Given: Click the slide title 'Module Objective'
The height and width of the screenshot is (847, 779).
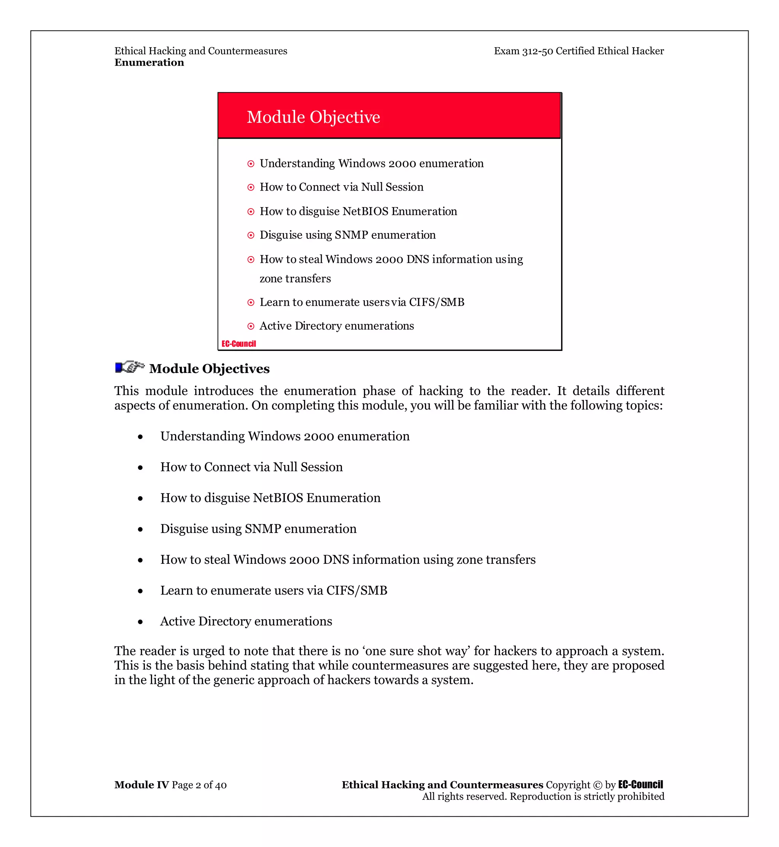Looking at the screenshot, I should point(313,117).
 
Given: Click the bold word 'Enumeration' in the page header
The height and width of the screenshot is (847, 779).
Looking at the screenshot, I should point(149,62).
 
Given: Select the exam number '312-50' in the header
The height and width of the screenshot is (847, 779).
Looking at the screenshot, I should point(537,51).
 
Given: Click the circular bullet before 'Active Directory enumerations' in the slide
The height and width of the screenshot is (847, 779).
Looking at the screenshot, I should point(251,326).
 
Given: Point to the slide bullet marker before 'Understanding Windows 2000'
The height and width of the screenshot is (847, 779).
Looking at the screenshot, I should point(251,163).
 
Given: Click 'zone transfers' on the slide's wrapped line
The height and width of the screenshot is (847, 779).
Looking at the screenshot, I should point(295,279).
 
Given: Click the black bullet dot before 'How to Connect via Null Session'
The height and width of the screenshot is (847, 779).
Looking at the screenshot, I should point(140,468).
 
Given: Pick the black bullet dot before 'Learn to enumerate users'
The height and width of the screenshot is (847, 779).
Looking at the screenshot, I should point(140,591).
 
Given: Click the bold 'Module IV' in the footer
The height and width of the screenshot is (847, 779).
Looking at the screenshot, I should point(141,785).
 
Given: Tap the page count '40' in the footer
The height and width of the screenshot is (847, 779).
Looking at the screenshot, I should point(221,785).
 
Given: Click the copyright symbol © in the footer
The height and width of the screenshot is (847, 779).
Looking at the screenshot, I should point(597,785).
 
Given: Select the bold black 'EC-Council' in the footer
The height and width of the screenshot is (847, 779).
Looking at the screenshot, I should point(640,784).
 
